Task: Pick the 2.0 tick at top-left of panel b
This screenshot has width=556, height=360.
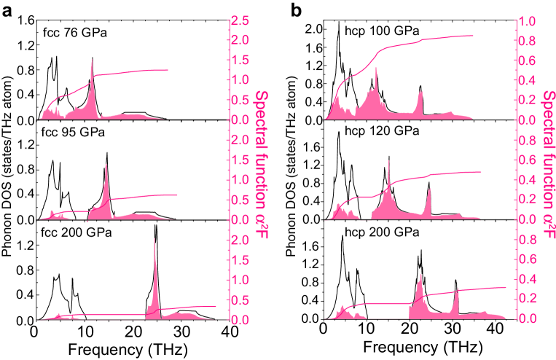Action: pyautogui.click(x=312, y=29)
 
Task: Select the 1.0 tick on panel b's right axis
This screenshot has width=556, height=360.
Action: pyautogui.click(x=528, y=20)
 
